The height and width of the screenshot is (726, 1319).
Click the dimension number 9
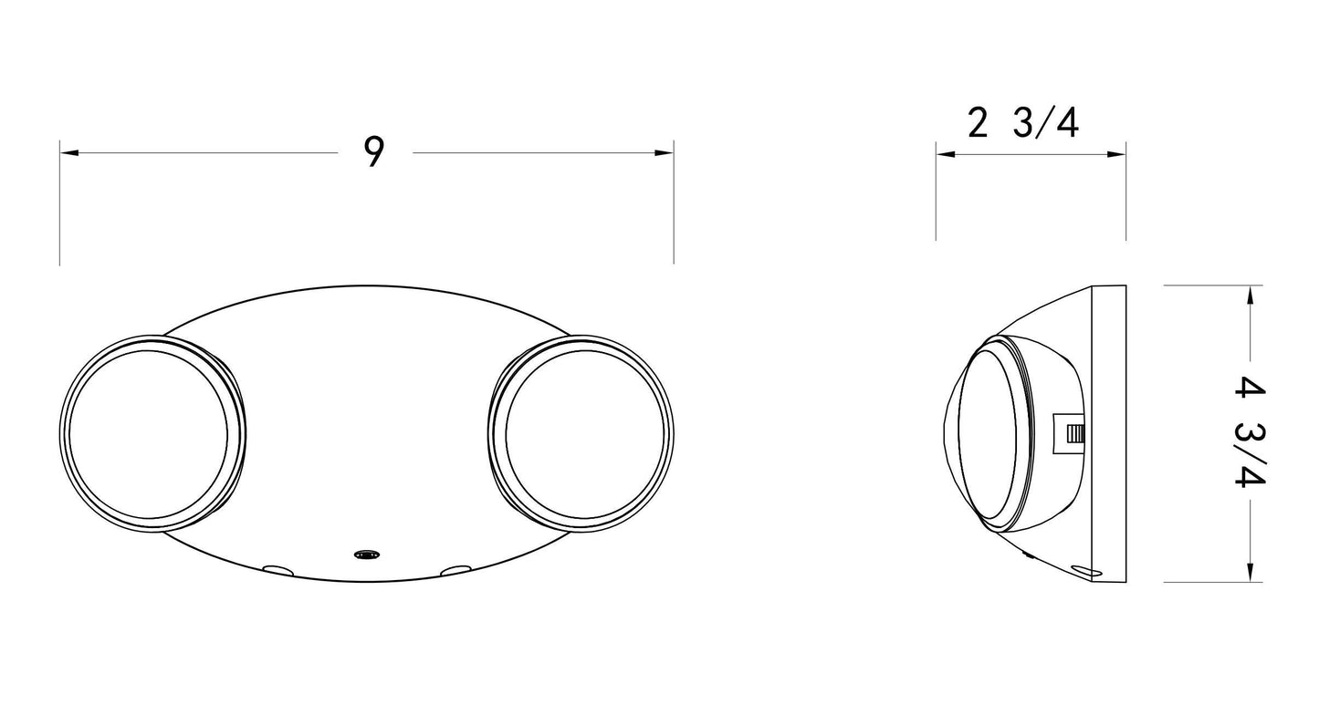(374, 151)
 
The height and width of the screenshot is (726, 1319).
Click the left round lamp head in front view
(152, 433)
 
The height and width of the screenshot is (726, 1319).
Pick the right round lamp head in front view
(581, 433)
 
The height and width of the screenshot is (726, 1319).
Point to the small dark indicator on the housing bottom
(367, 555)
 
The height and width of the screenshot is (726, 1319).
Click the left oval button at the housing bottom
(277, 569)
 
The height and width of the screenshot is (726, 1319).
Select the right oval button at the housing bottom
(456, 570)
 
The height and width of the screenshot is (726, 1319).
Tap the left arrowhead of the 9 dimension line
(68, 153)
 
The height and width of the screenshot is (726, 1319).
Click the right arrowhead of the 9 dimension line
(665, 153)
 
